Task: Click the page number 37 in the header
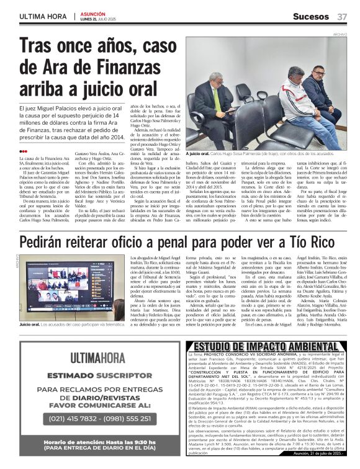[x=342, y=16]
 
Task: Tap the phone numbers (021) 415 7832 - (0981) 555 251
[x=91, y=418]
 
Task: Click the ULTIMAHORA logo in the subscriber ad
[x=91, y=357]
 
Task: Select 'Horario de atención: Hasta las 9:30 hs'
[x=91, y=441]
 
